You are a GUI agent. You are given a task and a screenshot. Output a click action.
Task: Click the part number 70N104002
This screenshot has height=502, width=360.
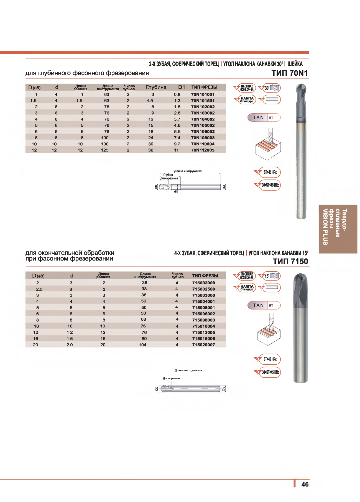(203, 119)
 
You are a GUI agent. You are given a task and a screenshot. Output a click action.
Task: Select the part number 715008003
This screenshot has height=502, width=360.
(203, 320)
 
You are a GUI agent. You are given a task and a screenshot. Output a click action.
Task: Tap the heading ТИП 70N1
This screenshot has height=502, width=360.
(289, 73)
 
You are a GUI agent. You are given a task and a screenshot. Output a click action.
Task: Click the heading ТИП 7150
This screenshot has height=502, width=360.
(290, 261)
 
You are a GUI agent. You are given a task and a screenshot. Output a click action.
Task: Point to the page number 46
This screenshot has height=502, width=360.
(305, 484)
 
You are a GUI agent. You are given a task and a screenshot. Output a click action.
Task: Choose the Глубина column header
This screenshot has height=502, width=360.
(156, 87)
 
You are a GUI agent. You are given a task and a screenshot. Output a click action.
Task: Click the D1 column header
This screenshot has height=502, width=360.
(182, 87)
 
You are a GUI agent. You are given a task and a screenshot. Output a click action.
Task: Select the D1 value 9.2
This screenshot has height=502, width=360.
(177, 144)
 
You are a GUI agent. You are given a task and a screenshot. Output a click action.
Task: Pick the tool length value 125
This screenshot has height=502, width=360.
(105, 150)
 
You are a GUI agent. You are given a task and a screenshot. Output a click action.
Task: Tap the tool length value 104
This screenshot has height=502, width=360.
(142, 345)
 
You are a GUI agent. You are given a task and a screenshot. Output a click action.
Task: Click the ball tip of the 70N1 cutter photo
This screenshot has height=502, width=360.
(301, 90)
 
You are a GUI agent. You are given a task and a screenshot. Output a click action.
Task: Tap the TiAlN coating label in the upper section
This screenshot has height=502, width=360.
(258, 118)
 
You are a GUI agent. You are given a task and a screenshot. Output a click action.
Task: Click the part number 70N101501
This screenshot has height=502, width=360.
(203, 101)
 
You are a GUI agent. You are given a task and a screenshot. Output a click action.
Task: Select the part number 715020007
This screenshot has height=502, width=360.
(203, 345)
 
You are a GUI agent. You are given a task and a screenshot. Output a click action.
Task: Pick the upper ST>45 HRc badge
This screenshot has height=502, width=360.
(270, 172)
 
